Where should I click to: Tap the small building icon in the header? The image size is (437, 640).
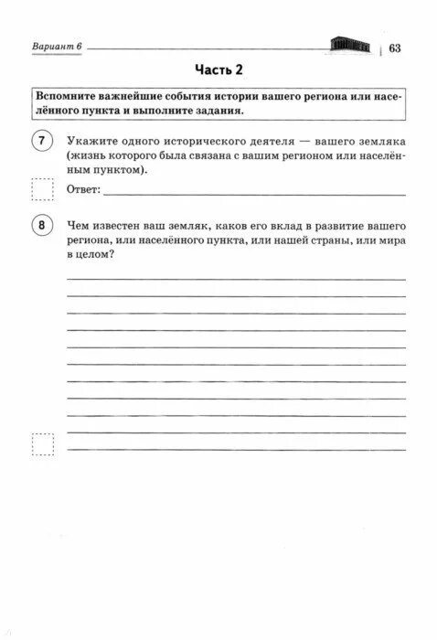(350, 46)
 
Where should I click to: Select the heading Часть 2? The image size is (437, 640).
(218, 70)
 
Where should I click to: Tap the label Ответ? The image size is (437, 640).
(84, 190)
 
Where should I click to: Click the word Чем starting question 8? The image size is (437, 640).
(79, 224)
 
